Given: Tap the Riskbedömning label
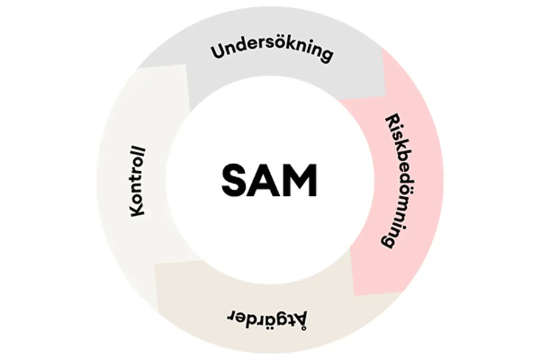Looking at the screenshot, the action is coord(396,181).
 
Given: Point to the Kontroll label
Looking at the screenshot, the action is coord(138,182).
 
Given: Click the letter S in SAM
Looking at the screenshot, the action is coord(236,180).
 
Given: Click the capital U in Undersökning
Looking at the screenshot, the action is coord(218,51).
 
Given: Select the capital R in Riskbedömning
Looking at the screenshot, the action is coord(392,120).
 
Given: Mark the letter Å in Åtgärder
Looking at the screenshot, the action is coord(300,320).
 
